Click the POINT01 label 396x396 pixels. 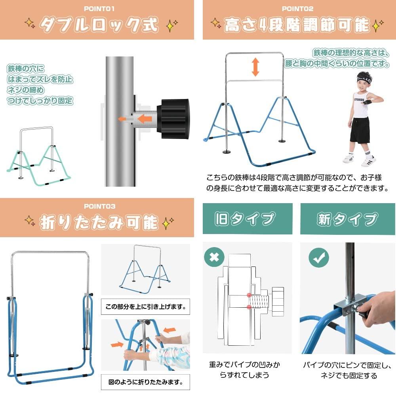point(99,9)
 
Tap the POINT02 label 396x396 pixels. point(297,9)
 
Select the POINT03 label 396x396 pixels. point(99,206)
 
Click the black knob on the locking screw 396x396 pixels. point(173,119)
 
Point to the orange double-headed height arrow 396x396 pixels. point(255,67)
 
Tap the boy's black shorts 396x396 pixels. point(360,130)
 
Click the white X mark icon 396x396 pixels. point(214,257)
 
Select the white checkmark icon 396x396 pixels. point(319,257)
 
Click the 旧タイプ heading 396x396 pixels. point(245,219)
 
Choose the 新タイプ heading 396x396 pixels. point(348,219)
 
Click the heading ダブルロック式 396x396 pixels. point(99,25)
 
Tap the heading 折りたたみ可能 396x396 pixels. point(99,222)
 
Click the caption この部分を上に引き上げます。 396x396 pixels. point(145,307)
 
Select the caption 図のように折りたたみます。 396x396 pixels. point(145,382)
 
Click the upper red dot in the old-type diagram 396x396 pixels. point(249,295)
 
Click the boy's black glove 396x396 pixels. point(366,102)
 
